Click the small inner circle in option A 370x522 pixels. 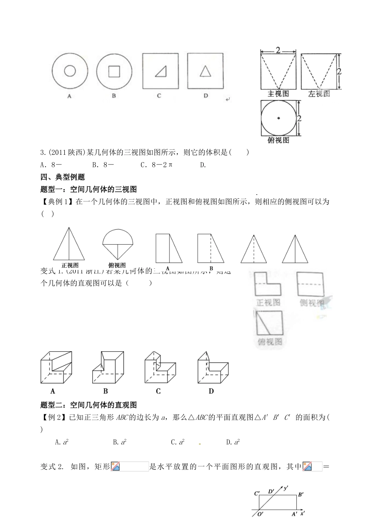pyautogui.click(x=70, y=71)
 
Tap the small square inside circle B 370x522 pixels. pyautogui.click(x=114, y=71)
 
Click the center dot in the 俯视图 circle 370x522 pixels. pyautogui.click(x=278, y=118)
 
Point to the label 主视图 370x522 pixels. pyautogui.click(x=278, y=94)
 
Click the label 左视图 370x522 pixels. pyautogui.click(x=319, y=94)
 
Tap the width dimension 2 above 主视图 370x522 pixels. pyautogui.click(x=278, y=50)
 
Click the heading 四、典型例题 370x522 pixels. pyautogui.click(x=62, y=177)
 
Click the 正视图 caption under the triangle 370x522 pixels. pyautogui.click(x=70, y=265)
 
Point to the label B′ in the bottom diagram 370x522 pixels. pyautogui.click(x=301, y=495)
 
